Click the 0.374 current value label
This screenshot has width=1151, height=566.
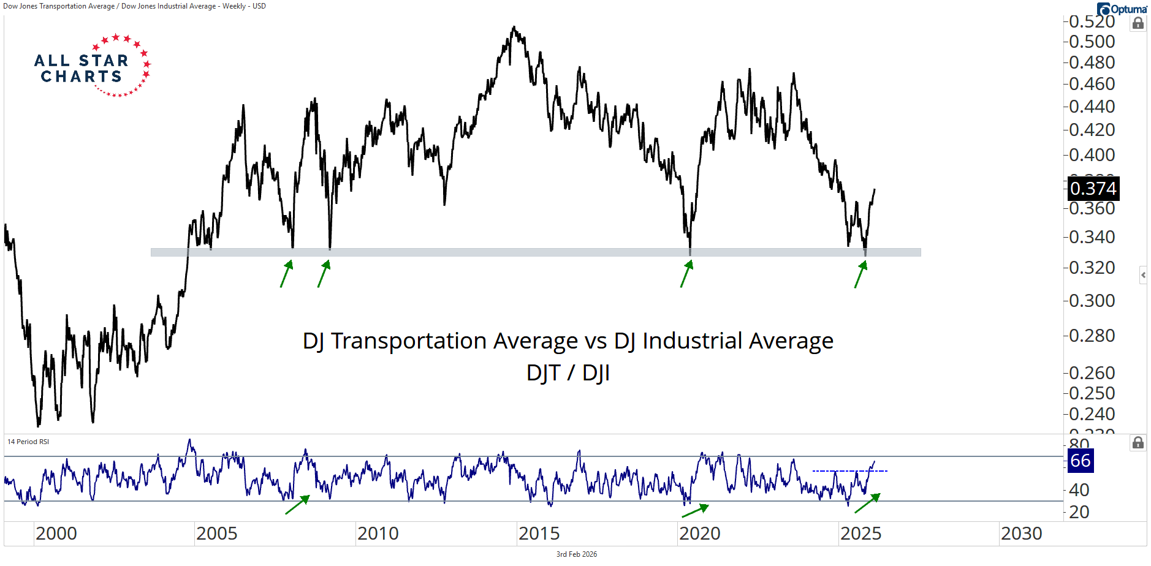pos(1093,188)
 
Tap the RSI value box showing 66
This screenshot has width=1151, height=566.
pos(1081,461)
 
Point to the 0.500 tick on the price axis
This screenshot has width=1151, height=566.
pos(1092,42)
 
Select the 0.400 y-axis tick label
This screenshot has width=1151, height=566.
pos(1092,155)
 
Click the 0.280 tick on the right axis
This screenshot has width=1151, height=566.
pos(1092,336)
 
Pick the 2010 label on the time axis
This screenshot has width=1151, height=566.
pos(378,534)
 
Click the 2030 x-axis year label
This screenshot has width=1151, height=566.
pos(1021,534)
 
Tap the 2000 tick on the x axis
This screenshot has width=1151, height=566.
pos(56,534)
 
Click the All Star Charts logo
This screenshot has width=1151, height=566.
pos(92,66)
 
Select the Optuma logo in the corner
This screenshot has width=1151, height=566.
pos(1122,9)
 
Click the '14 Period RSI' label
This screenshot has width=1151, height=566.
pos(28,442)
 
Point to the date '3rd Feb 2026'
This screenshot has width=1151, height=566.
pos(576,554)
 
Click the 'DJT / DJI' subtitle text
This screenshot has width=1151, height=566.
pos(568,372)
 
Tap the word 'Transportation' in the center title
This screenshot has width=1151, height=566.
pos(454,341)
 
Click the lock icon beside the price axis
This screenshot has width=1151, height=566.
pos(1138,23)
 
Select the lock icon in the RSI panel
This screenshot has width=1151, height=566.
pos(1138,443)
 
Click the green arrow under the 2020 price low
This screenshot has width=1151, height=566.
pos(686,273)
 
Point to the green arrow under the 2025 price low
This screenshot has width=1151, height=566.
pos(861,274)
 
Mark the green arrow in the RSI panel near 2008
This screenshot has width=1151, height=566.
pos(298,504)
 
